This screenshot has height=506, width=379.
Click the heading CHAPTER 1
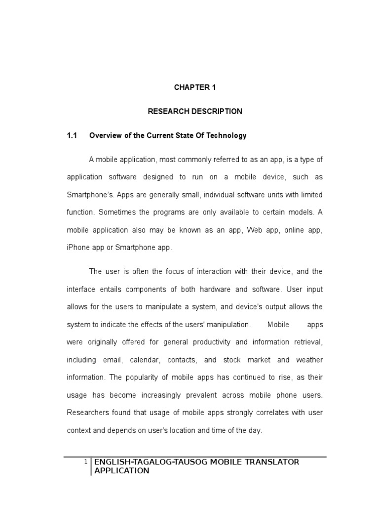(x=195, y=87)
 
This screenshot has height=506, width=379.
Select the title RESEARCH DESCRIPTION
(x=195, y=111)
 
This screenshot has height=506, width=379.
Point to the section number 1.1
(x=73, y=135)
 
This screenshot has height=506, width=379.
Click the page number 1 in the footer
(x=86, y=462)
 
